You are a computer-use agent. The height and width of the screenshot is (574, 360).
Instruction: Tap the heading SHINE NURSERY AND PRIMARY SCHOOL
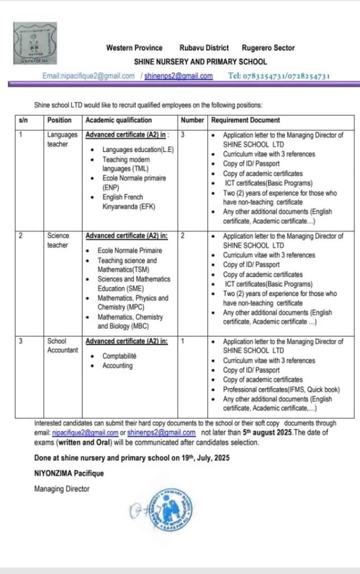click(x=200, y=62)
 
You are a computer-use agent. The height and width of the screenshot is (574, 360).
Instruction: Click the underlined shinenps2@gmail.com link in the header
click(x=179, y=76)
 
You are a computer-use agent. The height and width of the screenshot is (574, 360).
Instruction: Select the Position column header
click(x=59, y=121)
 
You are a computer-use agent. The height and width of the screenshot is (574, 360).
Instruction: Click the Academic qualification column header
click(x=118, y=121)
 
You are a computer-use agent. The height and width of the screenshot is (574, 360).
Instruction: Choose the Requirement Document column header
click(x=246, y=121)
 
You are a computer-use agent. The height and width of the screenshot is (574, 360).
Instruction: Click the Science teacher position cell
click(x=58, y=240)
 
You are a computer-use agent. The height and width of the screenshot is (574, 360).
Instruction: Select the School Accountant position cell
click(x=63, y=345)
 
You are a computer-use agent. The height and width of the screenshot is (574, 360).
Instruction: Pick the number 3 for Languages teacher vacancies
click(x=183, y=135)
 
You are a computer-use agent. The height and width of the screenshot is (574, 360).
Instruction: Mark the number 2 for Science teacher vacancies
click(x=183, y=236)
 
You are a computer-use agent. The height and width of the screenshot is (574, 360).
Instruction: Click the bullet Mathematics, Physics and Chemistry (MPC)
click(x=132, y=303)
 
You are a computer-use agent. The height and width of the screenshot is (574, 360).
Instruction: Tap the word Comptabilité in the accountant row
click(x=119, y=356)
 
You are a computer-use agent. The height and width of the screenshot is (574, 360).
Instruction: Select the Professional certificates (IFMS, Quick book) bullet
click(x=281, y=390)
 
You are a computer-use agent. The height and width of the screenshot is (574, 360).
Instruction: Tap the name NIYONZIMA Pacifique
click(x=69, y=473)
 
